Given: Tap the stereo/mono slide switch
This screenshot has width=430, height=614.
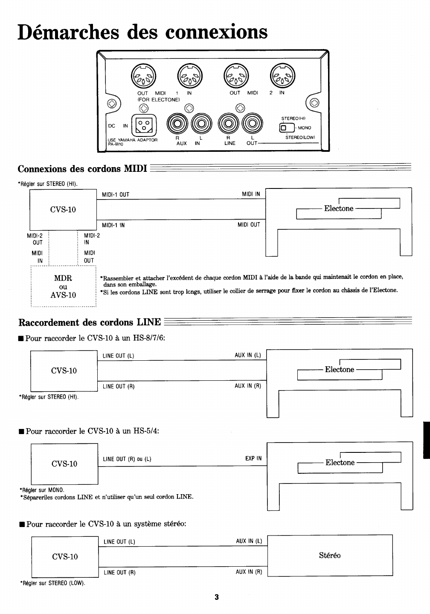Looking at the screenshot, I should pos(287,127).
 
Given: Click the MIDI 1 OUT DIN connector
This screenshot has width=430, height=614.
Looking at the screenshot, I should pos(143,75).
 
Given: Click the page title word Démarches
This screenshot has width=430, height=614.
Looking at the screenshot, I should pos(68,32).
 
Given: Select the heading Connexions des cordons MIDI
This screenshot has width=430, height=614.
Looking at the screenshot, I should pos(82,169).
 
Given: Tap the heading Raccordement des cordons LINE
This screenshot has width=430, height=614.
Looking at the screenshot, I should pos(89,322).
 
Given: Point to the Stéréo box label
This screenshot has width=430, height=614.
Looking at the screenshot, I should pos(330,555).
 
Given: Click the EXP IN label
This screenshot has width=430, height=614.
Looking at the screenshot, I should pos(253,459).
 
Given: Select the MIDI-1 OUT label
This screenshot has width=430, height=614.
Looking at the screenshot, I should pos(116,195).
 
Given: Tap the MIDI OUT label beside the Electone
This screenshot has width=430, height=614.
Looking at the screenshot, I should pos(249,225).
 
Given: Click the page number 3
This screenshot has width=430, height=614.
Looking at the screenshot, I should pos(216,597).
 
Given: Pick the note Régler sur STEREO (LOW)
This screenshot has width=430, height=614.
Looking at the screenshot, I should pos(53,583).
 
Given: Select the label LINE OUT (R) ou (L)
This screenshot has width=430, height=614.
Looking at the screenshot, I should pos(127,459).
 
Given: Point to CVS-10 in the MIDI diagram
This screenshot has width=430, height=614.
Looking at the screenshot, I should pos(63,209).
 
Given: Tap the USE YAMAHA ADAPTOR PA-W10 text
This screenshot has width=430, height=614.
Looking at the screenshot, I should pos(133,142).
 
